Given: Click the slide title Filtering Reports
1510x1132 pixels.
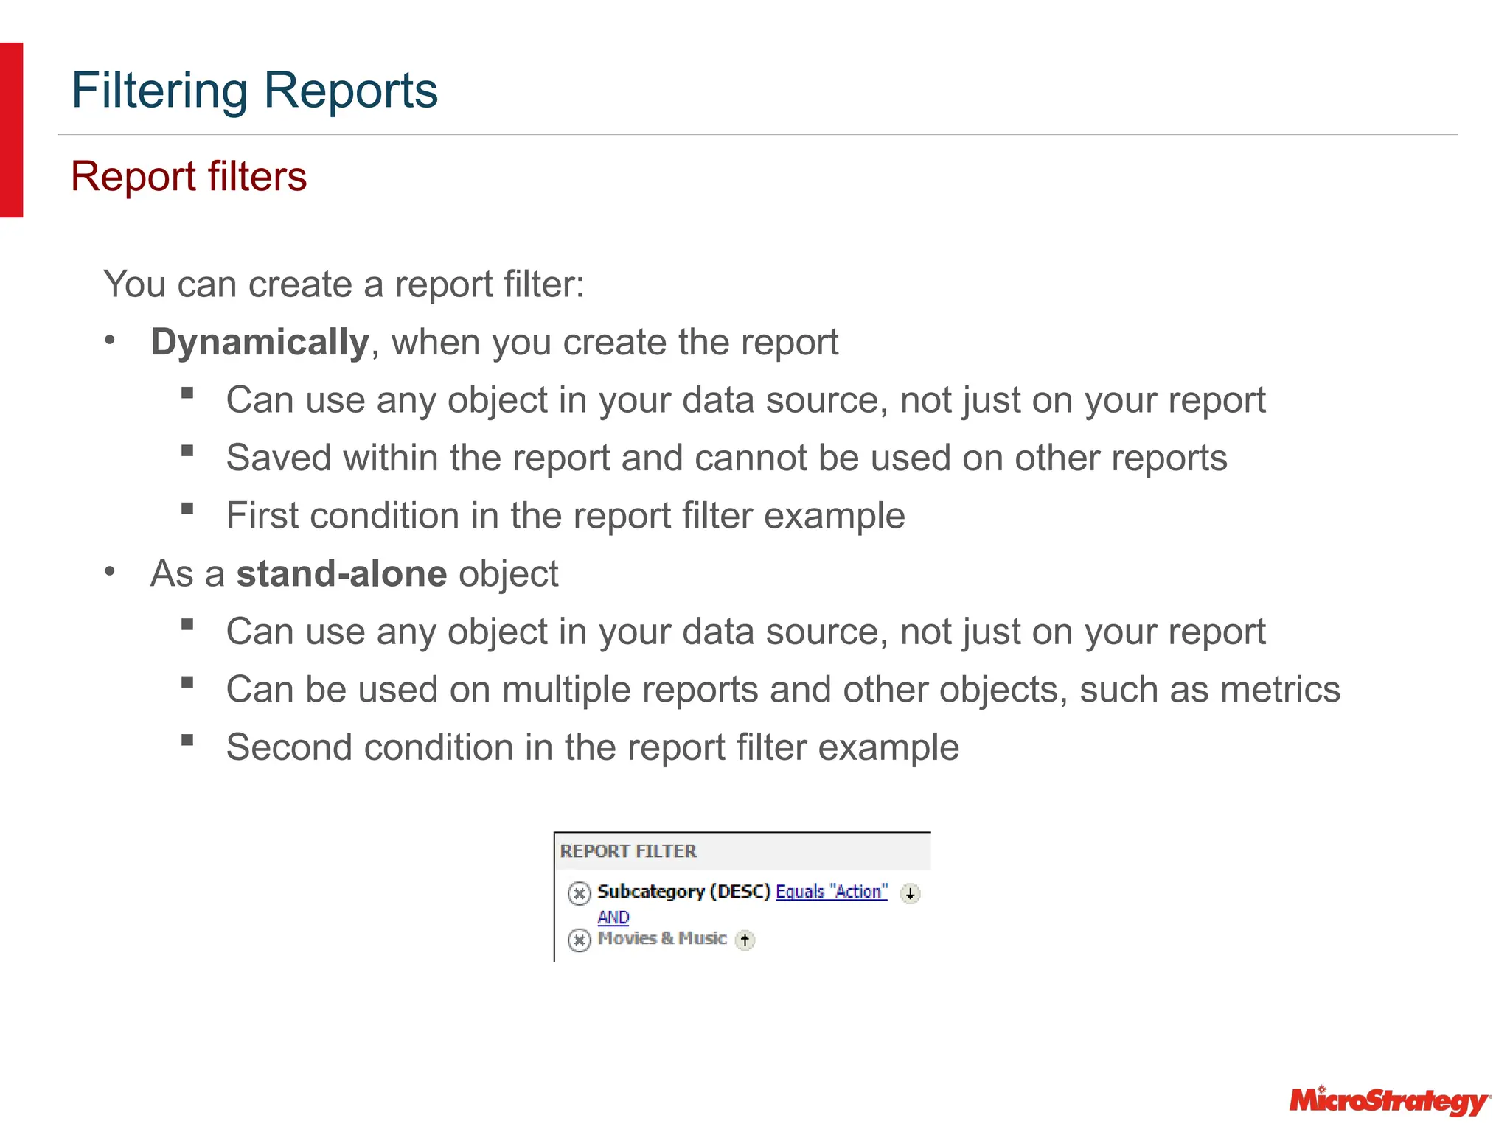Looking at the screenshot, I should (254, 91).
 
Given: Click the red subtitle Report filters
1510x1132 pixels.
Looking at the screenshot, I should (189, 177).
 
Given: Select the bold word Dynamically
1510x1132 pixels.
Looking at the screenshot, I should (260, 343).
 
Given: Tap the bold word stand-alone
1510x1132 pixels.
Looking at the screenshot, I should (341, 574).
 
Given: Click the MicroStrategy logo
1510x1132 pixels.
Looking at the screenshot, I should (1390, 1101).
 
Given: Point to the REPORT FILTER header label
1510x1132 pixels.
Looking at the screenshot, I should (628, 852).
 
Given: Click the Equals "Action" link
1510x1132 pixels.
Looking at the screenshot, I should (832, 892).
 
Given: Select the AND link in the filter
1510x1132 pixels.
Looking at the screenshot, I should (613, 918).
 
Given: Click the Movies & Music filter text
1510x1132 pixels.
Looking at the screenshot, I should (662, 939).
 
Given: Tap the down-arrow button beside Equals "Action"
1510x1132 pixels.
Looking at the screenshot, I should (911, 894).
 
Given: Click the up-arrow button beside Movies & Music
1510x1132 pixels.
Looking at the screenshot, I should (745, 940).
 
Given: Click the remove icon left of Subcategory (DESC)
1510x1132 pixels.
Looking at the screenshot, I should (580, 894).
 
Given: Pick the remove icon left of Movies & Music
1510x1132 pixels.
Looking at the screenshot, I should (580, 940).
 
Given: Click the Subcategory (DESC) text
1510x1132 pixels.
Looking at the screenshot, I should (683, 892).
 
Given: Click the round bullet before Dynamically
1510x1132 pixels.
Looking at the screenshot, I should (110, 341).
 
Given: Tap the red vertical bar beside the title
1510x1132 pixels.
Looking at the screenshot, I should (11, 130).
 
